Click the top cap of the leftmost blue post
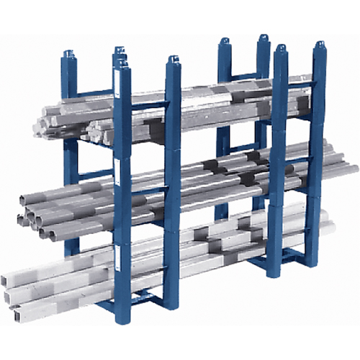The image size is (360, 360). click(68, 55)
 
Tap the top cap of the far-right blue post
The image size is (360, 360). click(319, 46)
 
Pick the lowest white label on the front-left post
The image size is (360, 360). click(117, 253)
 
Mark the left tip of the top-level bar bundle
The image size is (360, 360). click(37, 128)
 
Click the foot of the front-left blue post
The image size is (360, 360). click(123, 318)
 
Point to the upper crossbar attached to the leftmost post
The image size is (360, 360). click(94, 93)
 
